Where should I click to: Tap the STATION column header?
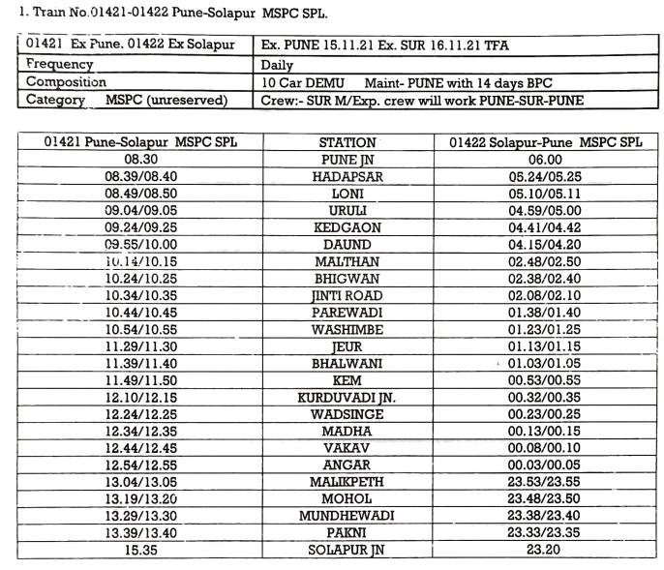347,143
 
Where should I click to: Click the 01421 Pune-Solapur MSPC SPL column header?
140,143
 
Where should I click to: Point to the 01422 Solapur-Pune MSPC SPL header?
546,143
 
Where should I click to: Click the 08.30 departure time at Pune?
140,160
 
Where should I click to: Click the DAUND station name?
347,245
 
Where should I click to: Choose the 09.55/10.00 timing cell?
140,245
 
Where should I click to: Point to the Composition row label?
67,82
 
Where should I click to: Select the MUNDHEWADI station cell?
347,516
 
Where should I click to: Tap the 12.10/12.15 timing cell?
140,397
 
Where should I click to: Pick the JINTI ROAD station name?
347,295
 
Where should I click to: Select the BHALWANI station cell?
347,363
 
